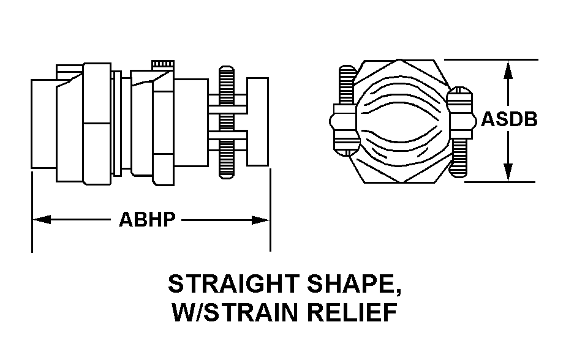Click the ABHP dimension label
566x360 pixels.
click(x=147, y=220)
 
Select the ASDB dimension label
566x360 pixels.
click(x=509, y=119)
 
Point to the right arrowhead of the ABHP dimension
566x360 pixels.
click(x=265, y=220)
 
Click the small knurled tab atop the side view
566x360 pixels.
click(x=162, y=64)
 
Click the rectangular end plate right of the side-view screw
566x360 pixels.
click(x=258, y=121)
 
